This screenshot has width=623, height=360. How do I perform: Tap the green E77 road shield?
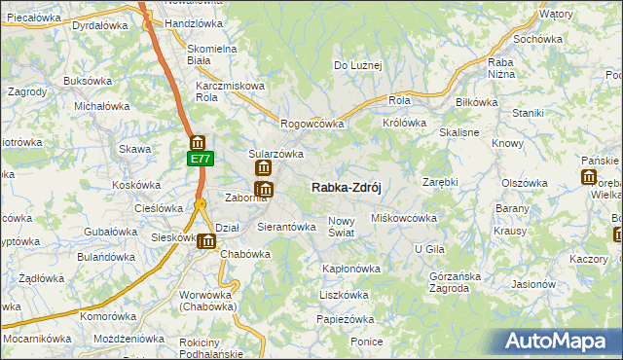click(x=199, y=159)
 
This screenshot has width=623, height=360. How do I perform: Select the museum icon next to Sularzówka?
click(x=263, y=169)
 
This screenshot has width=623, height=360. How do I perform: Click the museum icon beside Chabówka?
click(x=206, y=242)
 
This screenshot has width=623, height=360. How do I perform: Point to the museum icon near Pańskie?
click(x=589, y=177)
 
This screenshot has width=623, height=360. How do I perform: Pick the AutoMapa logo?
click(x=558, y=342)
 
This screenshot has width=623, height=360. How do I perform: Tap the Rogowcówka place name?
click(x=312, y=124)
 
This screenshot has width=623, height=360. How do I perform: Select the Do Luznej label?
click(x=358, y=65)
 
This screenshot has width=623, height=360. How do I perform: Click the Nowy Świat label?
click(x=347, y=227)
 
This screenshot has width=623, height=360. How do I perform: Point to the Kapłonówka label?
click(x=350, y=268)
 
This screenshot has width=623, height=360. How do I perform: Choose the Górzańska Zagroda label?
click(x=455, y=281)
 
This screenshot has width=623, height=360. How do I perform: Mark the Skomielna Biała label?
click(x=212, y=54)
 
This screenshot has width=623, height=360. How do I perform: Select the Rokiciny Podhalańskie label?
click(x=212, y=348)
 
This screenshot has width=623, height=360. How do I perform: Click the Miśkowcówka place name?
click(x=404, y=218)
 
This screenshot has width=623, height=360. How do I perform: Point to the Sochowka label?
click(x=539, y=39)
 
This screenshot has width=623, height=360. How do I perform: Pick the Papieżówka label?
click(x=345, y=319)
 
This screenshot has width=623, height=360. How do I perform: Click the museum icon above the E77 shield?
click(x=198, y=142)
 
